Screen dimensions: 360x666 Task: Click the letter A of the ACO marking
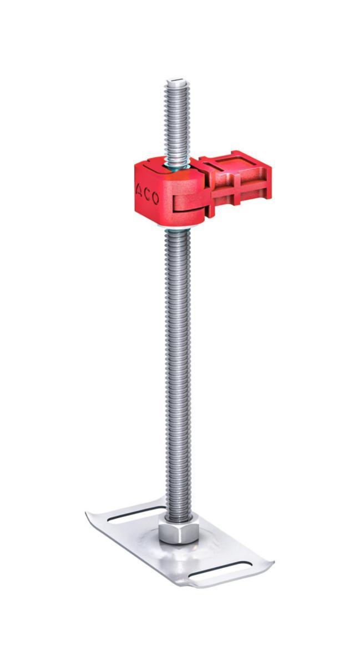point(139,191)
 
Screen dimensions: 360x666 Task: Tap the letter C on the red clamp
point(147,195)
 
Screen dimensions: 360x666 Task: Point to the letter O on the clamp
point(155,199)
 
